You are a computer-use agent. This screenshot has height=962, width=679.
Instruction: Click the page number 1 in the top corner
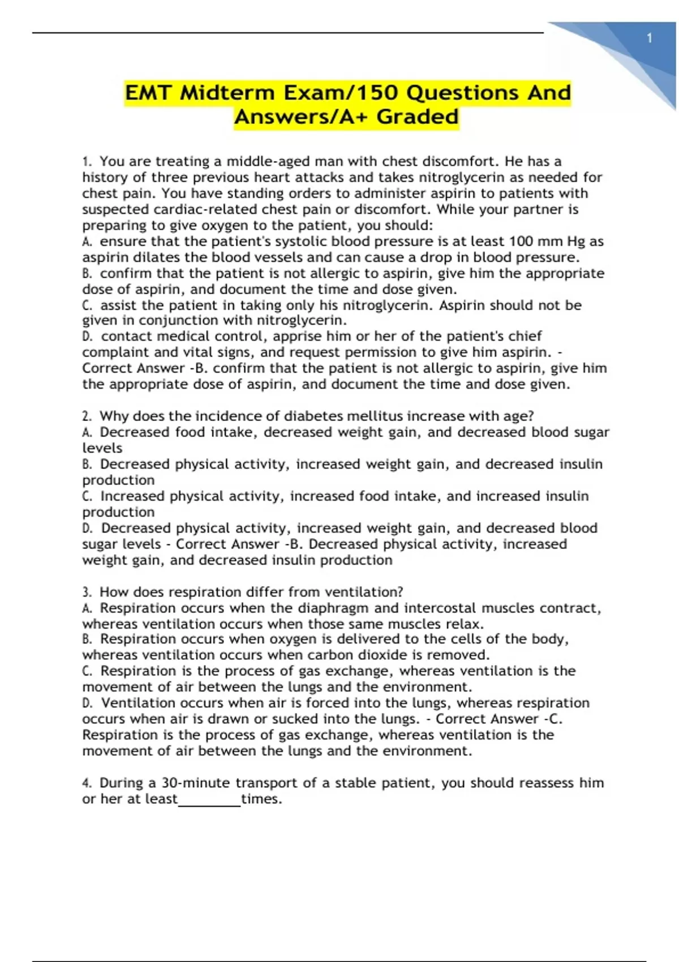pos(650,38)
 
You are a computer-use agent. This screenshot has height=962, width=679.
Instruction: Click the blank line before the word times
pos(209,800)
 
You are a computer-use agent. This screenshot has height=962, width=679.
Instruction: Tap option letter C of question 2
pos(87,496)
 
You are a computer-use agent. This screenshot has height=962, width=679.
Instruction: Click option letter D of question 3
pos(87,703)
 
